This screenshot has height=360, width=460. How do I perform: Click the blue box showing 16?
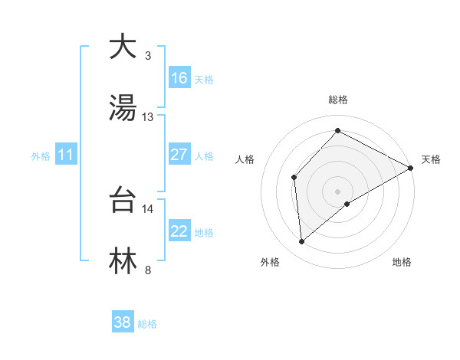click(x=179, y=77)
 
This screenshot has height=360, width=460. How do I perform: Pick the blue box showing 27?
click(x=179, y=155)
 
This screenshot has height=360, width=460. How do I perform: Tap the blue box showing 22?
click(x=179, y=231)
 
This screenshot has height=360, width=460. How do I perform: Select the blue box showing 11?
click(x=65, y=155)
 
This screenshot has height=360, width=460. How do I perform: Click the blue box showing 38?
click(x=123, y=322)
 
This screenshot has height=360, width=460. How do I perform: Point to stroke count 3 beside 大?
click(x=147, y=56)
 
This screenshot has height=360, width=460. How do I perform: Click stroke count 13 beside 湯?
click(x=148, y=117)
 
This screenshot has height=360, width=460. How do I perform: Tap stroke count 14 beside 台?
click(x=148, y=208)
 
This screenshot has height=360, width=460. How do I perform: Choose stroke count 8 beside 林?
click(x=147, y=270)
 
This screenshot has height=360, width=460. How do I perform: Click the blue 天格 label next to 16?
click(x=203, y=79)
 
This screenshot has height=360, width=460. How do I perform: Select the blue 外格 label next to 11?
click(x=41, y=156)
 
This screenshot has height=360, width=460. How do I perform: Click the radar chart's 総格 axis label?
click(x=337, y=100)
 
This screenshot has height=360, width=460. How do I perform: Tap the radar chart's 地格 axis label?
click(x=402, y=263)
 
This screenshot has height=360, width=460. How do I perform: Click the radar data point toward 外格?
click(x=302, y=242)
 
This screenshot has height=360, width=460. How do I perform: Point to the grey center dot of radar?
click(x=337, y=191)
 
